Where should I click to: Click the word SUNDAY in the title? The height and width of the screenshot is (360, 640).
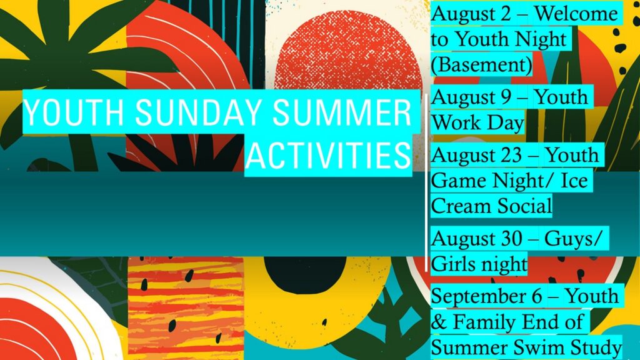click(x=198, y=112)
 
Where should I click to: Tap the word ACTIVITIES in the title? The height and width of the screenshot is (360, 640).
click(x=328, y=156)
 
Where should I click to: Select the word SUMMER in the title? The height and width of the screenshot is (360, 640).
click(x=342, y=112)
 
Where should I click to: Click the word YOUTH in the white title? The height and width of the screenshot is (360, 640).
click(x=74, y=112)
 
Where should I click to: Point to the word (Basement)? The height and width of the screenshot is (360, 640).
click(x=482, y=64)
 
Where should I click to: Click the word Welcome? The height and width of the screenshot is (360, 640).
click(x=576, y=14)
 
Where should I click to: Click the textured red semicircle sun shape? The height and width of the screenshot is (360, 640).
click(x=347, y=49)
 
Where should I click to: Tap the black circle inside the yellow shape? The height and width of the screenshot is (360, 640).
click(x=305, y=269)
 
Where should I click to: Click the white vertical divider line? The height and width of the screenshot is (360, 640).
click(x=426, y=183)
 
